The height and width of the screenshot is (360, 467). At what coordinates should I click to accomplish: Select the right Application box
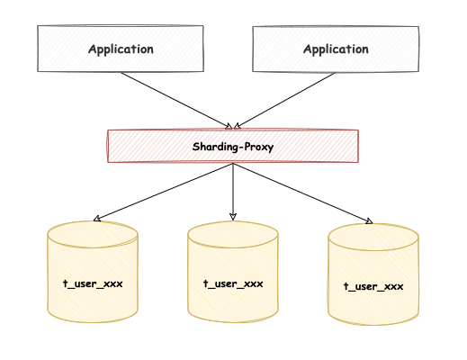335,49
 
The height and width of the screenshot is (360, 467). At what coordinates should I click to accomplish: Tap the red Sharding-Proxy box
233,146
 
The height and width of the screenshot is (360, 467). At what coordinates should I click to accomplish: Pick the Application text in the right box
335,49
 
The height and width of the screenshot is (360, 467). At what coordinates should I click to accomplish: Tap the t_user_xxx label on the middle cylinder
233,283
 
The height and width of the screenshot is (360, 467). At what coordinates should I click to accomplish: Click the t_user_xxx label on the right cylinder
373,286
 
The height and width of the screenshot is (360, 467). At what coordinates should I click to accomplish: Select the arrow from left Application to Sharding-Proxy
175,100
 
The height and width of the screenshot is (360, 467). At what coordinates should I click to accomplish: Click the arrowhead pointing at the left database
97,219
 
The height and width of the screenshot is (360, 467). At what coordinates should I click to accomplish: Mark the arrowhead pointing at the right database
368,220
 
